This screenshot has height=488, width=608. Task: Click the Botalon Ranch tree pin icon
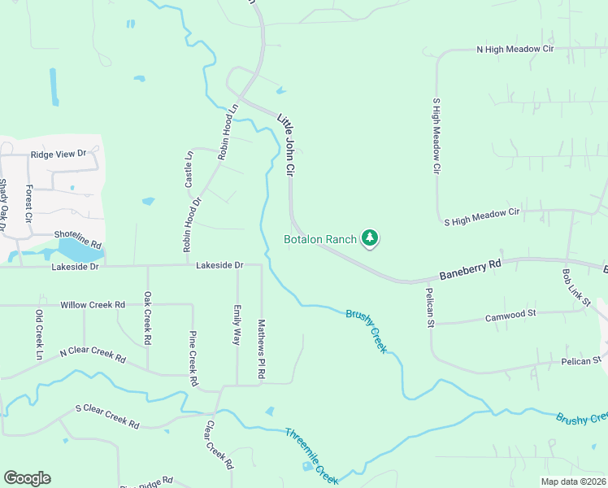coord(371,238)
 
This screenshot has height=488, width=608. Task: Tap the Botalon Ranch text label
coord(320,239)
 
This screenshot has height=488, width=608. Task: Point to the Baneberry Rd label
coord(469,269)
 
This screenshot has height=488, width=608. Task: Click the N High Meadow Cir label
coord(515,50)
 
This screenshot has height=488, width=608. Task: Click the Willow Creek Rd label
coord(93,305)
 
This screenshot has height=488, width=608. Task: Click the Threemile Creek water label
coord(311,455)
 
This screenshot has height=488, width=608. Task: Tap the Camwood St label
coord(510,314)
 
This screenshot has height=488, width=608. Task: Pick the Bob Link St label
coord(576,289)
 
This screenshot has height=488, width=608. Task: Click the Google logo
coord(27,478)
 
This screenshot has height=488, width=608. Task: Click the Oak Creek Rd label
coord(148,319)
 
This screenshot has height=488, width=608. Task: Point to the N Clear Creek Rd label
coord(93,356)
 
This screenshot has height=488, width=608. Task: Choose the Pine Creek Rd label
coord(193,359)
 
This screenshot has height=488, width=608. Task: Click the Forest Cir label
coord(28,204)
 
